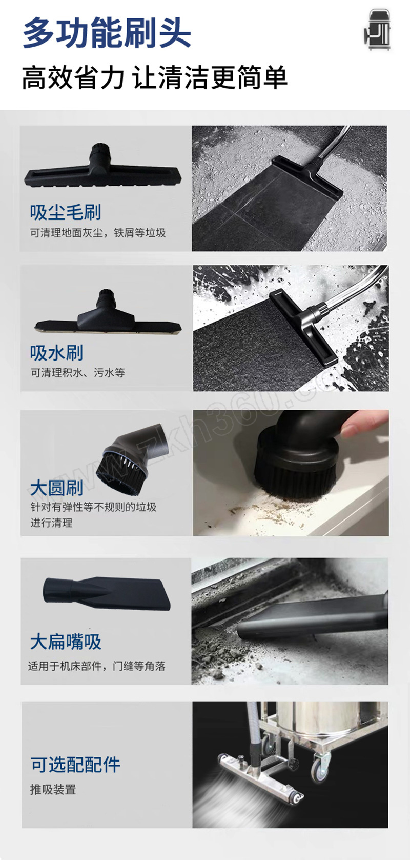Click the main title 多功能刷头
coord(107,33)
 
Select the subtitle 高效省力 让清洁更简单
coord(155,77)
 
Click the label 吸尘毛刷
coord(66,212)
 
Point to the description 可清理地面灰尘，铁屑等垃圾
coord(98,233)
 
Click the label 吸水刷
coord(56,353)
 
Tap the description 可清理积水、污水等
coord(78,372)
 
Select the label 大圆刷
coord(56,488)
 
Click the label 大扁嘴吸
coord(66,642)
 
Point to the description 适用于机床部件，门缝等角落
coord(97,666)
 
